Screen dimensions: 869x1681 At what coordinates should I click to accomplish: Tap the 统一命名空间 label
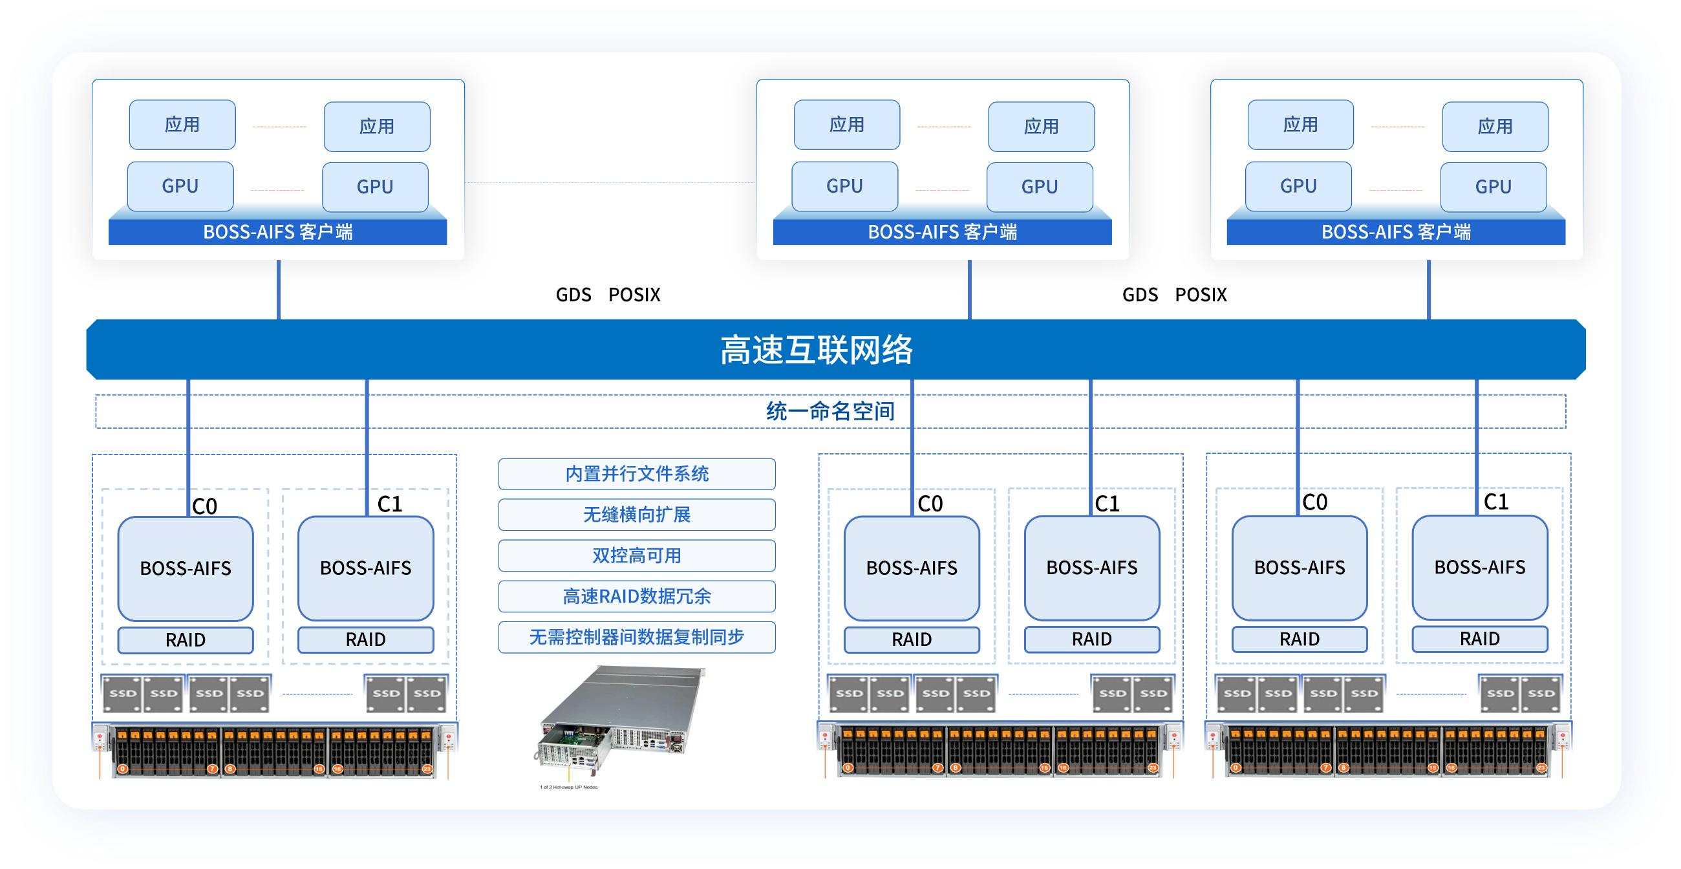[830, 411]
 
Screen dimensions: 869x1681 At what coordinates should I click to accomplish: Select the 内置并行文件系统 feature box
[636, 474]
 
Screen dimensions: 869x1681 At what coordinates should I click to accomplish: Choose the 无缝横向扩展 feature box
[636, 515]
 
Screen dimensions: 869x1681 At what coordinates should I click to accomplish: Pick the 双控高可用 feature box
[636, 555]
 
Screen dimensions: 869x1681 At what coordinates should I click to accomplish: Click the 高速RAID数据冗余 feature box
[636, 596]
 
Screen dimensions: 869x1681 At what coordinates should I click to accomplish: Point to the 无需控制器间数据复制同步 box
[636, 637]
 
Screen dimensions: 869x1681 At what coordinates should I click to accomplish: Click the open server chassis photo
[620, 718]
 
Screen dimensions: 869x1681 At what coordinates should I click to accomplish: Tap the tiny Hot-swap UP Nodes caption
[568, 788]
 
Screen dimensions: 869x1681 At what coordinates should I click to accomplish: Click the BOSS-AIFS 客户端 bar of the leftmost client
[277, 231]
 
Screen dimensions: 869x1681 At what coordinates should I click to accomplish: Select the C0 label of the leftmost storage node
[204, 506]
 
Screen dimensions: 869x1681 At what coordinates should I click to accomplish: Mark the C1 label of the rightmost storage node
[1495, 502]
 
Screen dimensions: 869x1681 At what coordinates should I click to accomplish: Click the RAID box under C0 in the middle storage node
[911, 639]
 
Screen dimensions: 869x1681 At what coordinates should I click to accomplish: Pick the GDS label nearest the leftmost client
[573, 295]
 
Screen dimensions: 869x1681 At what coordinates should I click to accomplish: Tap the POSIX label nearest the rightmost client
[1200, 295]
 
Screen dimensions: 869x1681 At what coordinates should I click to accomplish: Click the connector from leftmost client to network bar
[279, 290]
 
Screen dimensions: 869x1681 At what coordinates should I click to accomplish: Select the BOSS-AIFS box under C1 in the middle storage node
[1091, 568]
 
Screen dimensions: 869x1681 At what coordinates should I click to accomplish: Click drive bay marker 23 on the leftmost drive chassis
[427, 769]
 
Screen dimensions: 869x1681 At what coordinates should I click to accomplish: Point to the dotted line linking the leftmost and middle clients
[610, 183]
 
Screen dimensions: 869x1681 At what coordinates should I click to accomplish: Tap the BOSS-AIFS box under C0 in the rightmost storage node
[1299, 568]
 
